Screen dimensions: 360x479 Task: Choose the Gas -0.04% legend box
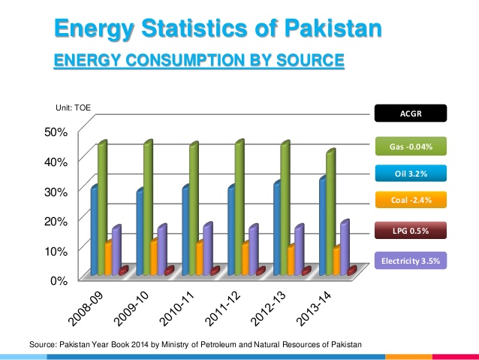[410, 144]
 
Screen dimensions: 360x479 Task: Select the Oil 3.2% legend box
[410, 174]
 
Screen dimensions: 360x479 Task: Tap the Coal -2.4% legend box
[410, 200]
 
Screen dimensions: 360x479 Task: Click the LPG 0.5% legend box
[410, 231]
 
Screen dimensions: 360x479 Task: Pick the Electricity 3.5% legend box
[410, 260]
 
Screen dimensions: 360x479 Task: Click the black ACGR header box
[410, 113]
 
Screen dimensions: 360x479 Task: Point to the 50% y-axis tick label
[59, 132]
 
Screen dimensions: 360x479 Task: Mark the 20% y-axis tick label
[59, 220]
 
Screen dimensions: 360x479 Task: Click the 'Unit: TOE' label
[74, 109]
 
